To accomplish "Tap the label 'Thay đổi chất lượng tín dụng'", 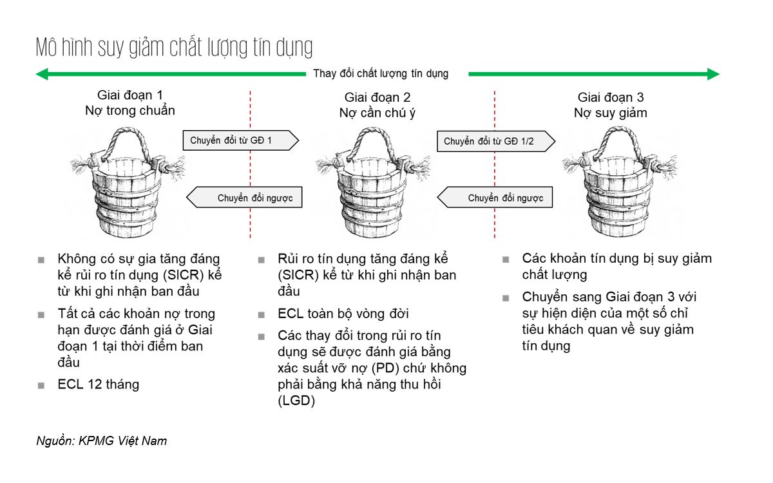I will click(381, 73).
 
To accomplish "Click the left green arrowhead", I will click(43, 74).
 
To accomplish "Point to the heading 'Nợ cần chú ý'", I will click(377, 113).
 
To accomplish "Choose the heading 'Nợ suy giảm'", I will click(610, 113).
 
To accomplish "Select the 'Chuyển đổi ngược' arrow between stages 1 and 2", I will click(245, 198).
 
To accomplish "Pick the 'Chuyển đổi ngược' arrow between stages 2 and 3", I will click(495, 198).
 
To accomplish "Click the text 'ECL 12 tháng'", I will click(98, 384).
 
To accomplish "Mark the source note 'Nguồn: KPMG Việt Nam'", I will click(102, 441).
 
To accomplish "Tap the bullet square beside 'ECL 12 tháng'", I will click(41, 386).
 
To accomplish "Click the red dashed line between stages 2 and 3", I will click(494, 167).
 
